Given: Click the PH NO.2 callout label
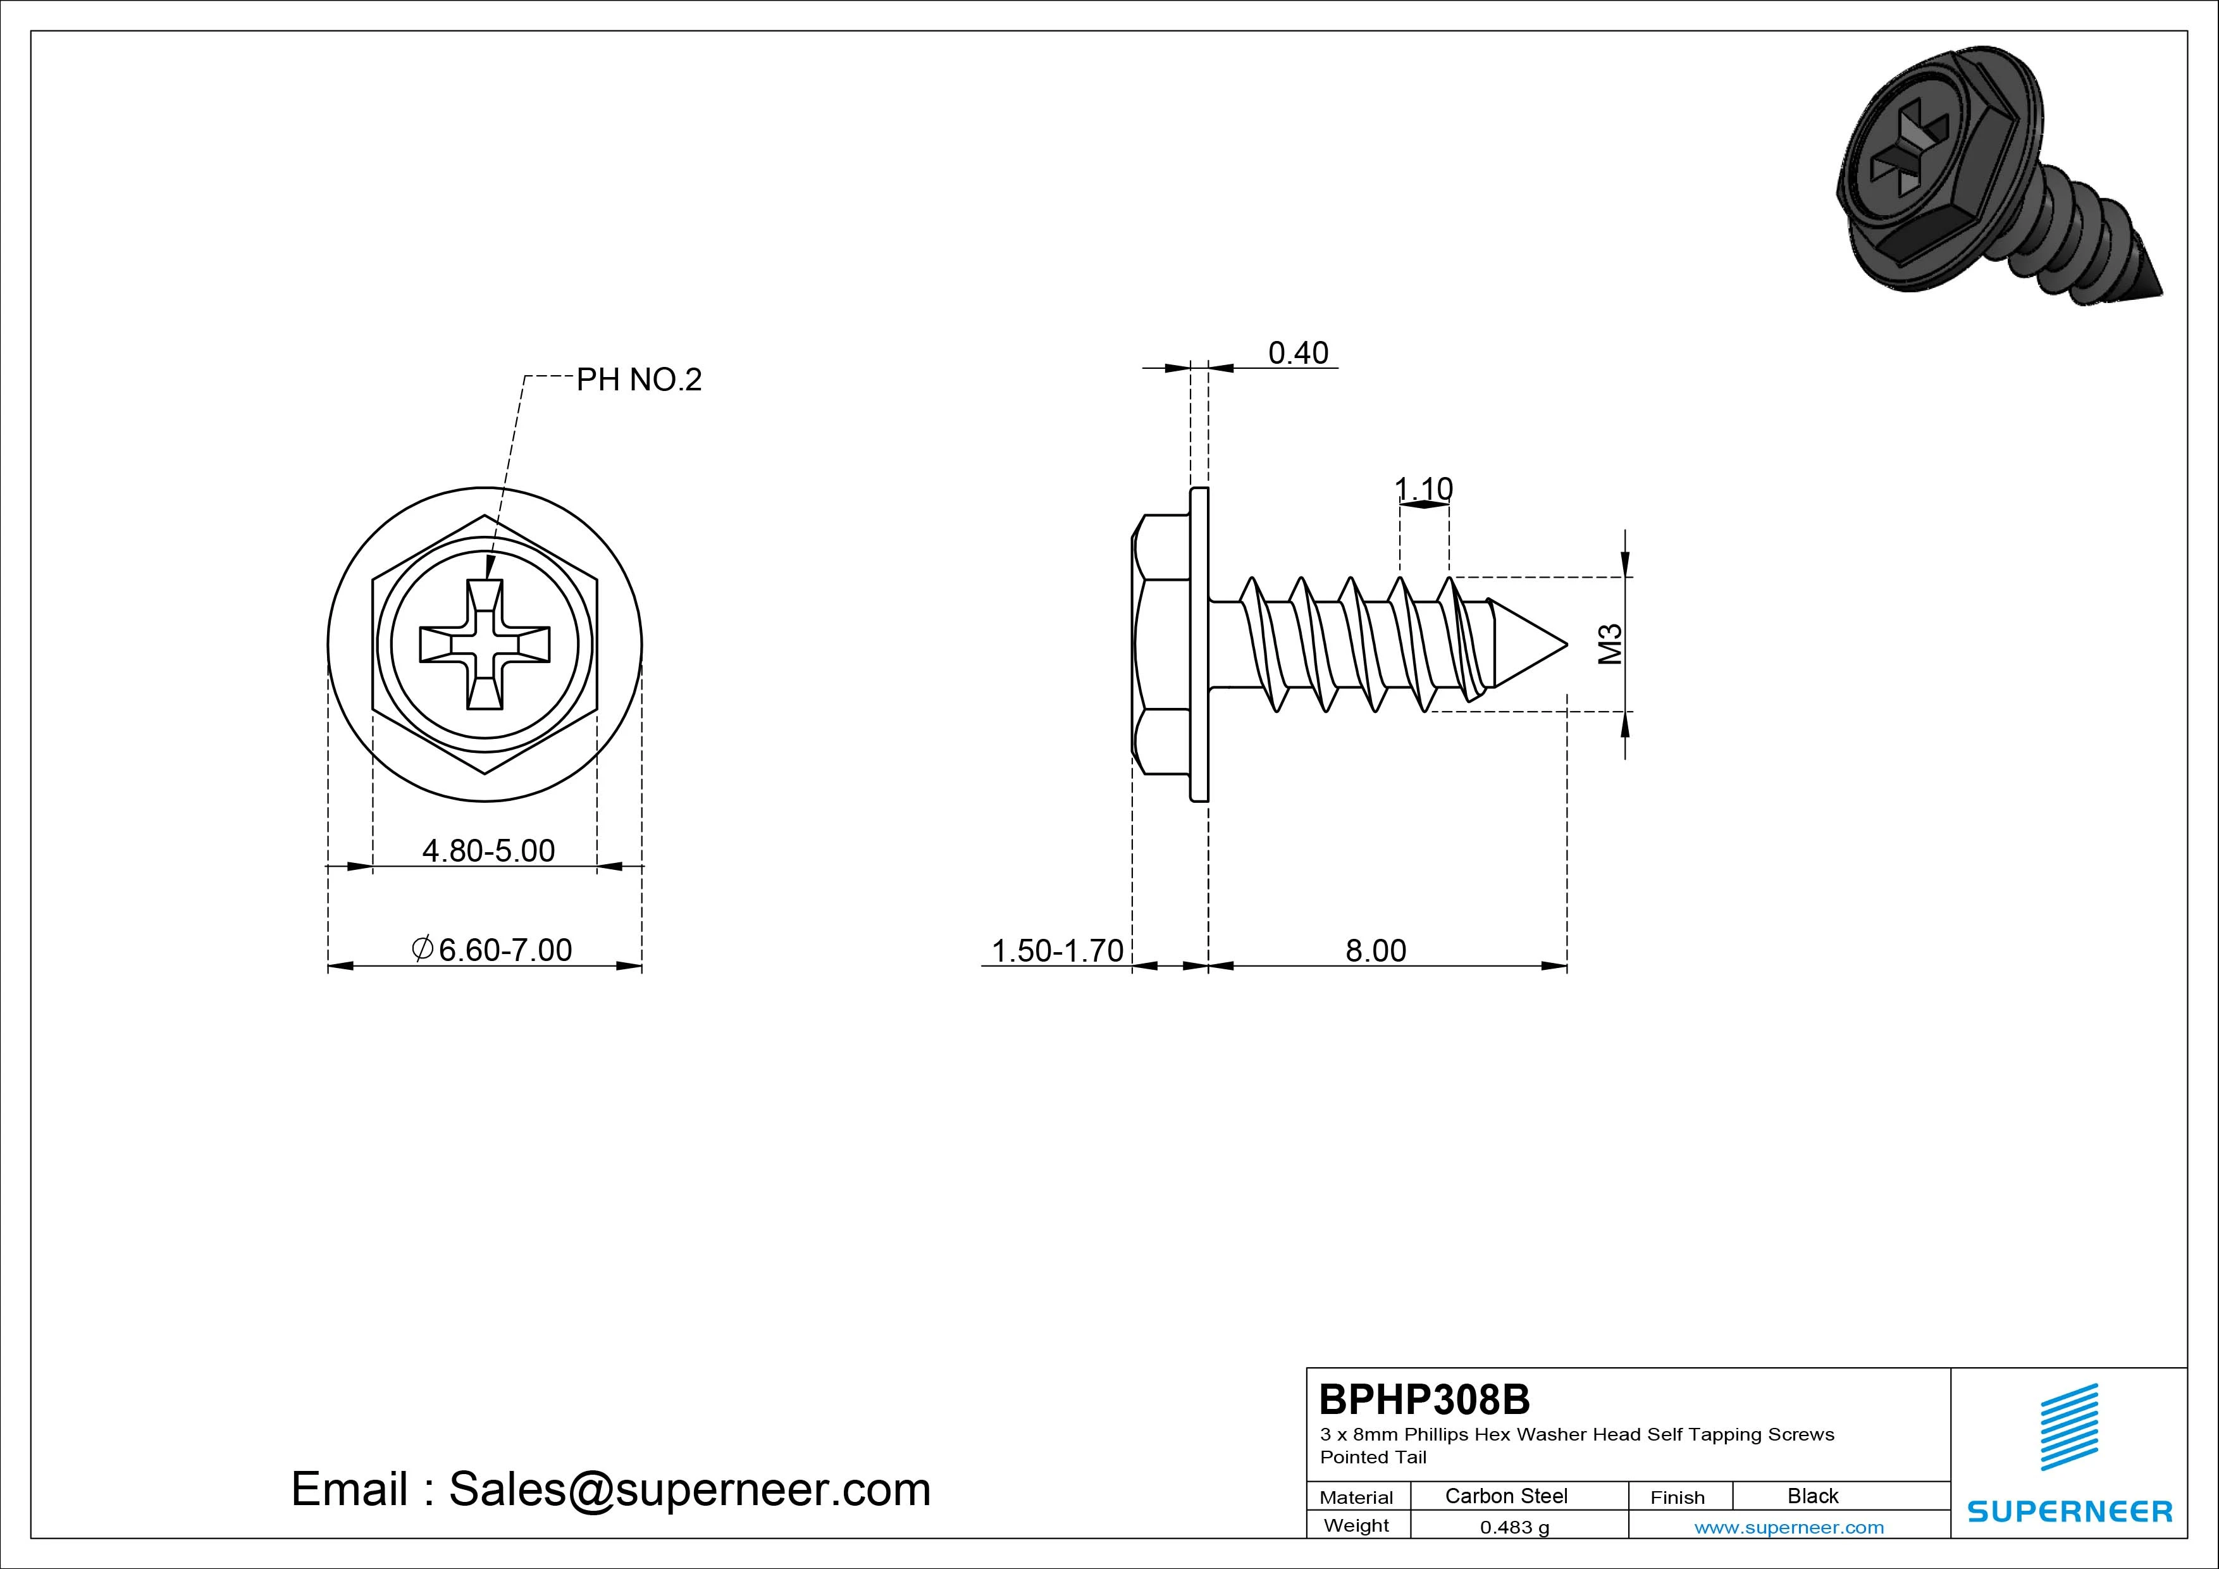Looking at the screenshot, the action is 639,380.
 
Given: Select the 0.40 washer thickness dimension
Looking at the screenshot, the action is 1298,353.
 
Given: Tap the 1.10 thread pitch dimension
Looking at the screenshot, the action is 1424,489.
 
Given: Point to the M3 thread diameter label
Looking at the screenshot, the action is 1609,644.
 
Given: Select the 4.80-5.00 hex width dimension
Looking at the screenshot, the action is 488,851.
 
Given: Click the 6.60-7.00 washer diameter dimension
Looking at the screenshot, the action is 492,950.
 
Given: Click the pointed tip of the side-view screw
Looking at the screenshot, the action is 1566,644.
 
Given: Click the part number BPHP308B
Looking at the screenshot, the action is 1425,1399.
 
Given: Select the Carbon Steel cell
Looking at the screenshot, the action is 1505,1496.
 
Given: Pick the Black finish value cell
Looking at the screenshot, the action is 1812,1496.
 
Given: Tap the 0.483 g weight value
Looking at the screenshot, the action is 1514,1527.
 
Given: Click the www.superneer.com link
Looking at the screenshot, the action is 1789,1527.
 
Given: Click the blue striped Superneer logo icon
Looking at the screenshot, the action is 2068,1426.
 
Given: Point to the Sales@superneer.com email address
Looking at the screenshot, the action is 689,1490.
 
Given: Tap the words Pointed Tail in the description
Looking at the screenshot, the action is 1373,1457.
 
